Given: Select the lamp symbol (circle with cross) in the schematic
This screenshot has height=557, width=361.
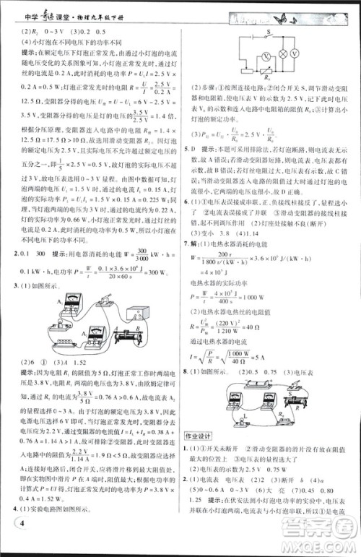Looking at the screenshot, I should coord(295,55).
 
